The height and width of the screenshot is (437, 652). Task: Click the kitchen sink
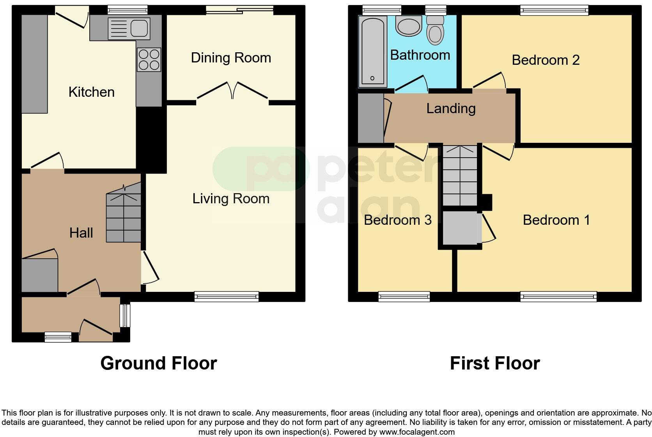click(x=129, y=28)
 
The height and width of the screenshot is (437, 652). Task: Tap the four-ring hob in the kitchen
click(x=149, y=59)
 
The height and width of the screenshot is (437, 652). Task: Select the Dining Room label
click(x=231, y=58)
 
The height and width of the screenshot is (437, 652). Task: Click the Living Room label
click(x=231, y=199)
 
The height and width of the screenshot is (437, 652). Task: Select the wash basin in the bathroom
click(x=409, y=26)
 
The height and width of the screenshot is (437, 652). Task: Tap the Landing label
click(x=451, y=108)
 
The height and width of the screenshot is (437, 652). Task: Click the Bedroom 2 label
click(x=546, y=60)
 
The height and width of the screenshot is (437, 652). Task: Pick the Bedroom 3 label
click(x=397, y=220)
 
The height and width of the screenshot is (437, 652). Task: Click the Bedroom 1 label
click(x=556, y=220)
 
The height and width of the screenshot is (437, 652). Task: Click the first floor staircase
click(x=460, y=176)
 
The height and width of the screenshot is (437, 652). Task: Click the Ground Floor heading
click(x=158, y=363)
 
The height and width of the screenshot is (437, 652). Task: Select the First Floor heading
click(x=494, y=363)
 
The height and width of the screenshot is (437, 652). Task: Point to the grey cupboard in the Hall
click(x=39, y=275)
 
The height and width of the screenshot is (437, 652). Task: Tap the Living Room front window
click(x=227, y=297)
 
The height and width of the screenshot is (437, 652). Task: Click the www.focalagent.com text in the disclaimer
click(x=416, y=432)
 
